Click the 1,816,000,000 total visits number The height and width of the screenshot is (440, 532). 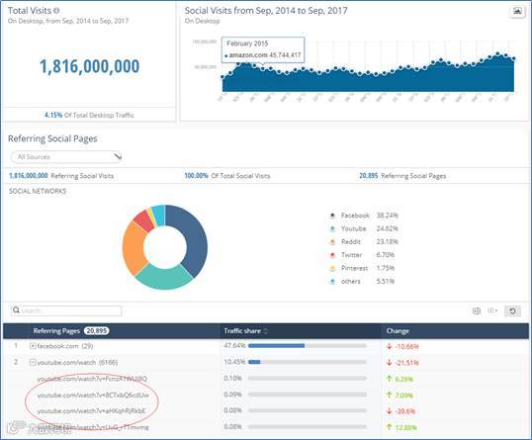coord(90,66)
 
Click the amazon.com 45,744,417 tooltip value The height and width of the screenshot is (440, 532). coord(263,56)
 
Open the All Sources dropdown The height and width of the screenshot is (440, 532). coord(65,156)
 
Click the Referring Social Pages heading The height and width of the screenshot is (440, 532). coord(52,138)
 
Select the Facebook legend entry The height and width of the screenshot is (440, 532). coord(355,215)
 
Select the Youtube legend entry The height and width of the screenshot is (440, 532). coord(354,227)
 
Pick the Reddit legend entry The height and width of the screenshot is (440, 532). coord(351,241)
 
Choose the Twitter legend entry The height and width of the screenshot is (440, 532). coord(352,254)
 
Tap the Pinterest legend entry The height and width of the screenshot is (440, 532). coord(354,268)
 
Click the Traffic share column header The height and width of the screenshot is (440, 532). coord(248,330)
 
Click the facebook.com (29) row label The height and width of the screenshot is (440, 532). coord(64,347)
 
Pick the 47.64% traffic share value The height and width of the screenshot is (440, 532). coord(235,347)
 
